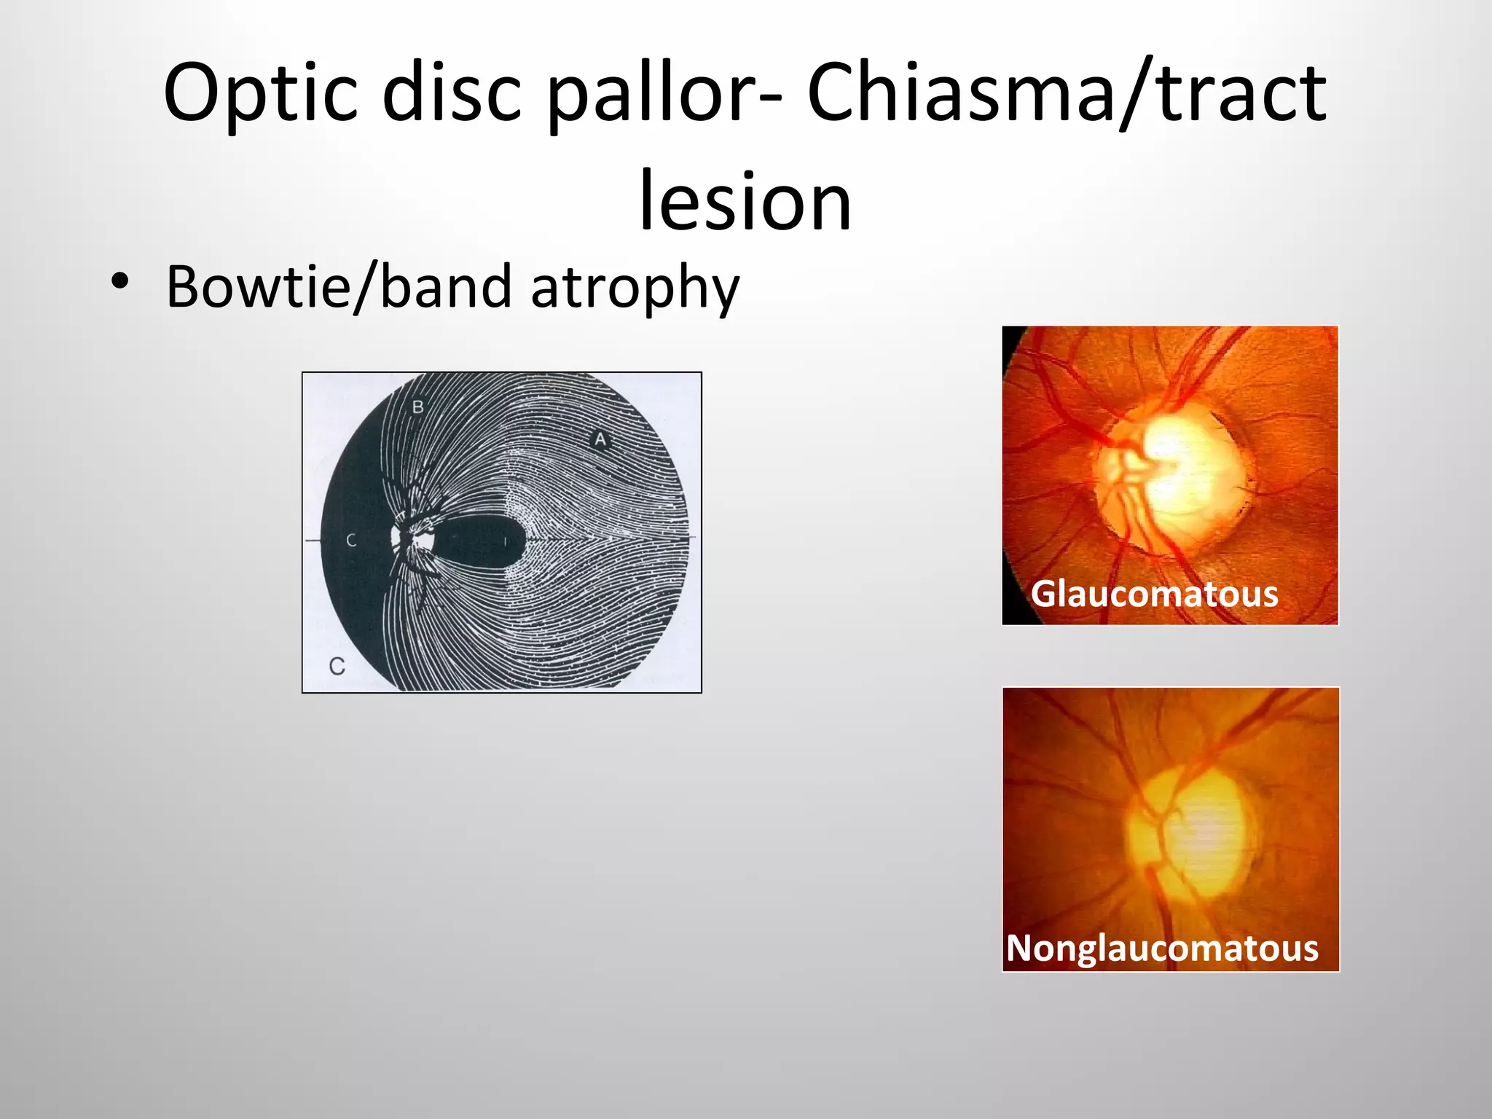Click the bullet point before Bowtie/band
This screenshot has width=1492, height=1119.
(120, 283)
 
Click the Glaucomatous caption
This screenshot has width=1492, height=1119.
(1154, 594)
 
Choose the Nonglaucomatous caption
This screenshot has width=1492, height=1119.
(1162, 948)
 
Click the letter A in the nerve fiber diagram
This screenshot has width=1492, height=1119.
(600, 439)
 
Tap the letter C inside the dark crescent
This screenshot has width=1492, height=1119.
(351, 541)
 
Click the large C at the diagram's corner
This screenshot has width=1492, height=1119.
(337, 666)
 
